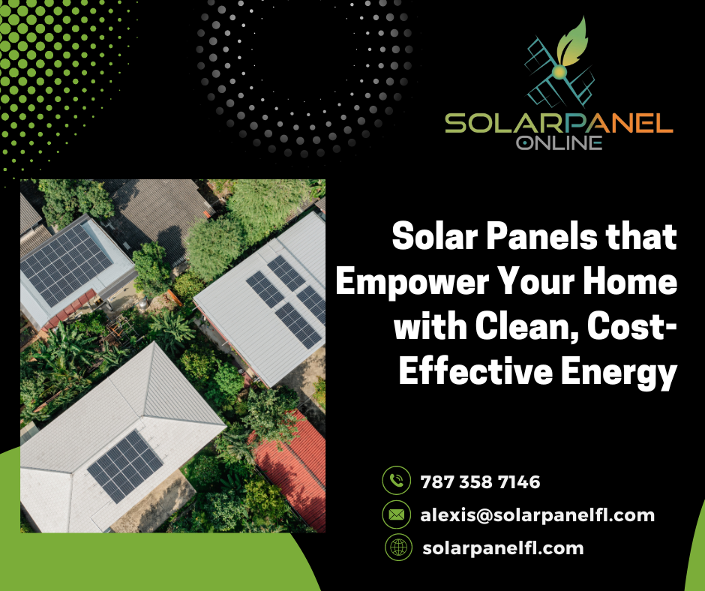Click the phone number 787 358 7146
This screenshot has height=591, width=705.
click(480, 481)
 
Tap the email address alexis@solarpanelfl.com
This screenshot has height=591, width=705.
click(537, 515)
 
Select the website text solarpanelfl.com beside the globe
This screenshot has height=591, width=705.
click(503, 547)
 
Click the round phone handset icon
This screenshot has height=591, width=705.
click(396, 480)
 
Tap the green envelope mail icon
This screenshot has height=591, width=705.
click(396, 514)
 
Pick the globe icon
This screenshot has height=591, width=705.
click(398, 547)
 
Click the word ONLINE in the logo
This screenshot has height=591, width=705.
click(559, 142)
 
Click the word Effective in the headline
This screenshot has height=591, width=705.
click(476, 371)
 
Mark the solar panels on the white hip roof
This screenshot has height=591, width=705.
click(125, 466)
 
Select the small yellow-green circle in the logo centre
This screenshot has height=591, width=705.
click(559, 72)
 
